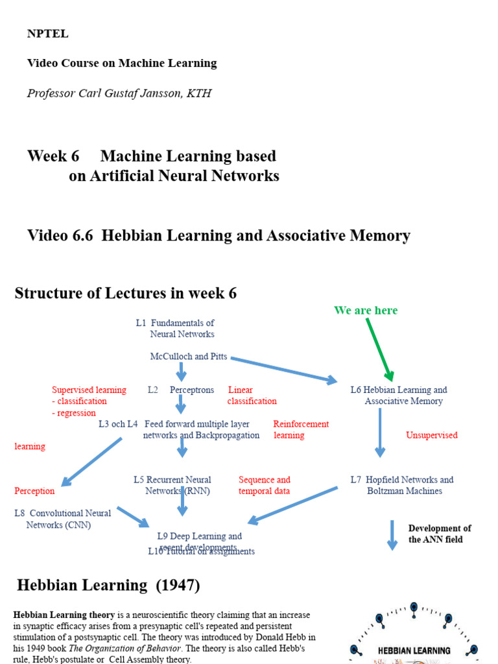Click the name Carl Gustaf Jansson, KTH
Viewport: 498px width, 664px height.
tap(119, 93)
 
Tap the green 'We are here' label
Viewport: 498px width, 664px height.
tap(366, 311)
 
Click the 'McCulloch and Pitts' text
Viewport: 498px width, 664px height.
tap(189, 357)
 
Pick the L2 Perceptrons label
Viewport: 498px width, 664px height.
tap(181, 390)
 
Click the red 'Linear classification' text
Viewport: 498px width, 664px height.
tap(252, 396)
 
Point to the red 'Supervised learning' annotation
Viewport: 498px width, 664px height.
tap(89, 390)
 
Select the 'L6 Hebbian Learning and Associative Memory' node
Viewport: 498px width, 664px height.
tap(399, 396)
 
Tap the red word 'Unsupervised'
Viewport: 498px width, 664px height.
tap(432, 435)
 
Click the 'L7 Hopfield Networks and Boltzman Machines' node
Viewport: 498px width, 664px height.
tap(402, 486)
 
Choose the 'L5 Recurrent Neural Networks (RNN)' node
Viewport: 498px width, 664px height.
tap(172, 486)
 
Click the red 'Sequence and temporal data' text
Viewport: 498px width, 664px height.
tap(265, 486)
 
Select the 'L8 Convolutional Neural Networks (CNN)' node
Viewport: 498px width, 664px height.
tap(63, 519)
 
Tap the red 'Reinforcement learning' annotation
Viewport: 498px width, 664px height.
tap(301, 429)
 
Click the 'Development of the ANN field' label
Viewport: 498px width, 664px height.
tap(440, 534)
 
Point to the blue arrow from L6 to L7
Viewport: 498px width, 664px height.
tap(380, 432)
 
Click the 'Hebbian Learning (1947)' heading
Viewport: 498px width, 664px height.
tap(108, 586)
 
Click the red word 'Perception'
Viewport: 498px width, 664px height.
tap(34, 492)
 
